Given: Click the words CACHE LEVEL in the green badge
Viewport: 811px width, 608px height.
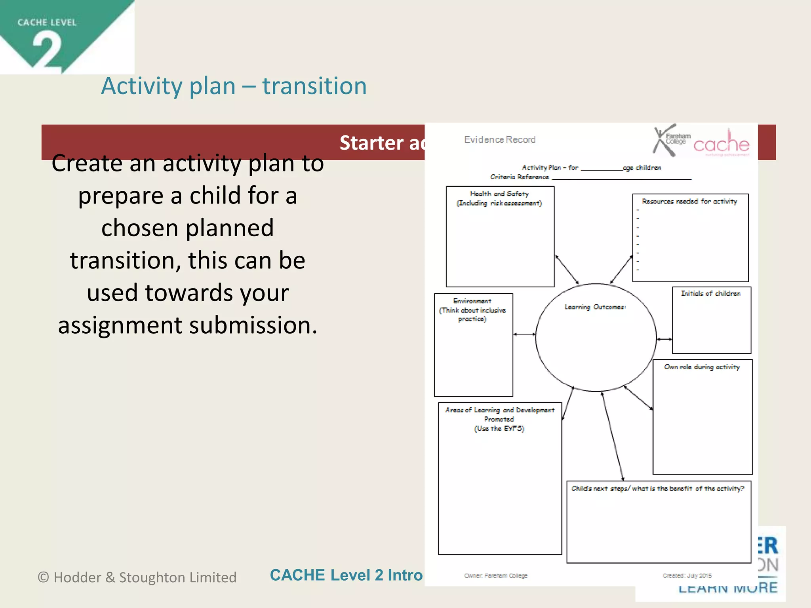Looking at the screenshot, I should point(47,23).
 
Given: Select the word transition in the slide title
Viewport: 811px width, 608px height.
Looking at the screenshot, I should point(314,86).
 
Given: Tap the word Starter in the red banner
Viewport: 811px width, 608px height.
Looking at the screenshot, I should point(371,143).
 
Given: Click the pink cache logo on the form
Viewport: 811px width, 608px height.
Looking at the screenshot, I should point(721,144).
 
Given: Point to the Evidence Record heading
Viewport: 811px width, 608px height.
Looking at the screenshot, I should point(499,140).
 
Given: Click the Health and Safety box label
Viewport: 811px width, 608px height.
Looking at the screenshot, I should point(499,194).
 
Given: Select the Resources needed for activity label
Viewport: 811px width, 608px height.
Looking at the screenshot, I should point(689,201).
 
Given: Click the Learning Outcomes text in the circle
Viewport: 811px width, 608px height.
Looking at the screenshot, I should point(595,307).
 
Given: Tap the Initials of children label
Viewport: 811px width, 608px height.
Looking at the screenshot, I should point(710,293).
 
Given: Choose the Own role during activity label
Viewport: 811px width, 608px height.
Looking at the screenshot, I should point(702,367).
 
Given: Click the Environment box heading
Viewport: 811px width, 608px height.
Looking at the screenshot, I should point(472,301).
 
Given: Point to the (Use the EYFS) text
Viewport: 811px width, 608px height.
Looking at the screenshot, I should point(499,429).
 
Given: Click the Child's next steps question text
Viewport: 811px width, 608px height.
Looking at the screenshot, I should point(657,488).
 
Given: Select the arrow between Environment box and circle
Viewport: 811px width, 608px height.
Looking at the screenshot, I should point(524,334).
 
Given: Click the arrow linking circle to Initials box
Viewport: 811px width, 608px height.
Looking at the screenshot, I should point(664,339).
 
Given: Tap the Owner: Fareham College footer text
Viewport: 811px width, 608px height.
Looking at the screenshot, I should point(496,576).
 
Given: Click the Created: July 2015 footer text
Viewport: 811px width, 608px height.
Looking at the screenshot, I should point(687,576).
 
